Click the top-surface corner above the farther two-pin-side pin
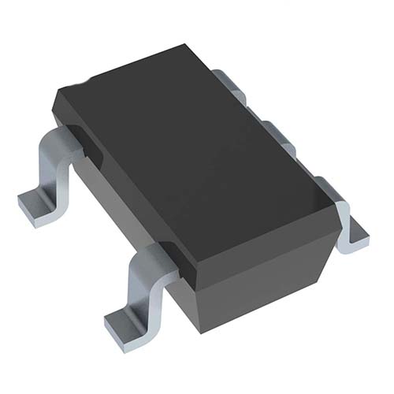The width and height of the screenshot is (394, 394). point(59,98)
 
